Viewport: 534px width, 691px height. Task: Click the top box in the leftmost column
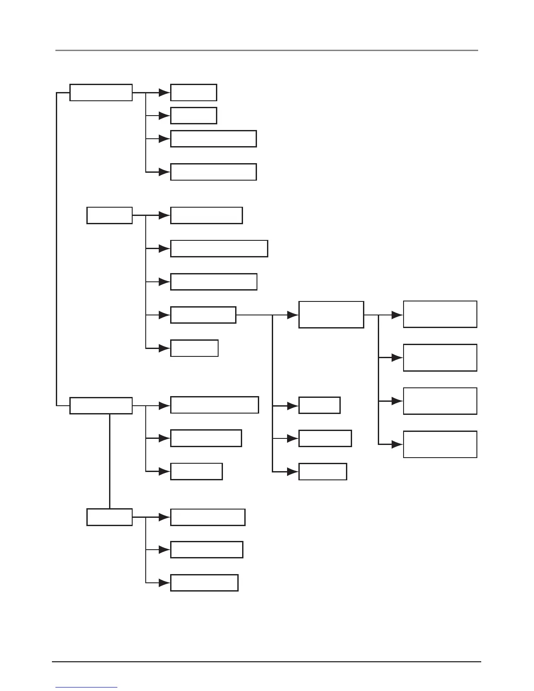(101, 92)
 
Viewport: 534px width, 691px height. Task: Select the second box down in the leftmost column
(110, 216)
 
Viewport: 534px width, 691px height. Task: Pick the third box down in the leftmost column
(101, 406)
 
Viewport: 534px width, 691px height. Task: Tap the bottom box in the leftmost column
(110, 517)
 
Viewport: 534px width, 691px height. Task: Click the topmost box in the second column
(193, 92)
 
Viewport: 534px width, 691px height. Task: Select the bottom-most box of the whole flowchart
(204, 583)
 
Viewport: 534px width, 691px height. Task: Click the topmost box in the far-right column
(440, 314)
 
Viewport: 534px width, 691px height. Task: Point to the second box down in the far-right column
(440, 358)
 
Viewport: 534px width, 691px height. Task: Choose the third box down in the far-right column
(440, 401)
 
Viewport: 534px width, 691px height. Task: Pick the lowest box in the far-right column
(440, 445)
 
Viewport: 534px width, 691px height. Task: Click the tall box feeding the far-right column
(331, 315)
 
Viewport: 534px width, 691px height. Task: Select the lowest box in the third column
(322, 472)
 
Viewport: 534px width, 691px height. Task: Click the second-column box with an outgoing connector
(203, 315)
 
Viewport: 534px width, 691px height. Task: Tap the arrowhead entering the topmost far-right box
(397, 315)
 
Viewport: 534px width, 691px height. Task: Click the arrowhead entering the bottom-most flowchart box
(164, 583)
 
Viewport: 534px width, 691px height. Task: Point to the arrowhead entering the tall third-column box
(292, 315)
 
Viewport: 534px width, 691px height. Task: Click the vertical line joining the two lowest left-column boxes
(110, 461)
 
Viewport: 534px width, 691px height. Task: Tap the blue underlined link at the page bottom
(86, 688)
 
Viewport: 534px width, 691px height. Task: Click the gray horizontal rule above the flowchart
(267, 51)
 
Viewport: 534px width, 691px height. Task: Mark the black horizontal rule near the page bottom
(267, 662)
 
